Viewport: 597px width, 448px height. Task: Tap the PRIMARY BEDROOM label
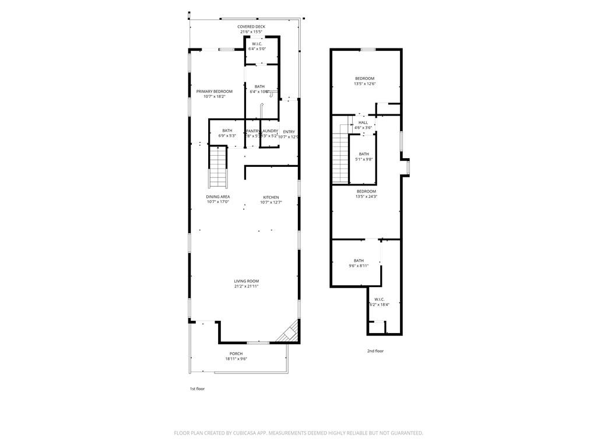(214, 92)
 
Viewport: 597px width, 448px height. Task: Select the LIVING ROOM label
(247, 281)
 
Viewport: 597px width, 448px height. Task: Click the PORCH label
(236, 353)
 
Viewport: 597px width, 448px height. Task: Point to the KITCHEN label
(271, 197)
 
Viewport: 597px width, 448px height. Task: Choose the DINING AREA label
(218, 197)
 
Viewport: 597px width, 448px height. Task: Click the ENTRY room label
(289, 132)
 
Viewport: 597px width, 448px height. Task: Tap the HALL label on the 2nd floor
(363, 123)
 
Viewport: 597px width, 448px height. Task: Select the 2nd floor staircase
(340, 157)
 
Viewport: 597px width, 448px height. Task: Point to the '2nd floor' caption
(375, 351)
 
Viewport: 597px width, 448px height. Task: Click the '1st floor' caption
(196, 388)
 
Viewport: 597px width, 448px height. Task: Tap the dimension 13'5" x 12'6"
(364, 84)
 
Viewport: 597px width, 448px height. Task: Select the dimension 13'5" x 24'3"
(366, 197)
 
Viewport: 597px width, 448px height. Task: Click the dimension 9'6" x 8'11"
(359, 266)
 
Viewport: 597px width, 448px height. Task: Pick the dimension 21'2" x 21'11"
(247, 286)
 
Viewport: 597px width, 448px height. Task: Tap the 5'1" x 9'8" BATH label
(364, 154)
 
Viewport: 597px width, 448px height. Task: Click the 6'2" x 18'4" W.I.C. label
(380, 299)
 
